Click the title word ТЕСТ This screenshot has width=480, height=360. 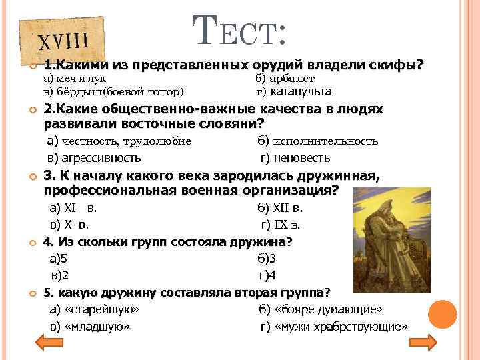[x=241, y=30]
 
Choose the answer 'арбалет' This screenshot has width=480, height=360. [x=294, y=79]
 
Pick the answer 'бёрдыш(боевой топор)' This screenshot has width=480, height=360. [x=114, y=92]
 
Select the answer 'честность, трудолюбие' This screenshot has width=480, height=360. [x=120, y=141]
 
